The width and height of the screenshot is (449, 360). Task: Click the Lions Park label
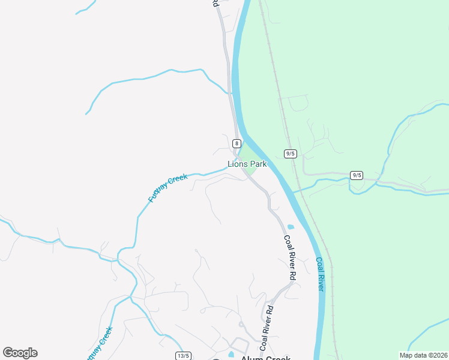[247, 164]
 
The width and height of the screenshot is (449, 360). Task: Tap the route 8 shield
[237, 143]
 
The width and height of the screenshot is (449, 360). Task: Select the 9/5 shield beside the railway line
[291, 154]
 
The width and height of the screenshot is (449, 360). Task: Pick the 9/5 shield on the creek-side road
[357, 175]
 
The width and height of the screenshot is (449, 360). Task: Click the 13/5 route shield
[183, 355]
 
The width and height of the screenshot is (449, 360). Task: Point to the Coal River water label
[320, 275]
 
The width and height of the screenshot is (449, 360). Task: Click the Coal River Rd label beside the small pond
[290, 258]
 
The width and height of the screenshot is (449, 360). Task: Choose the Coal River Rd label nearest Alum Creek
[266, 328]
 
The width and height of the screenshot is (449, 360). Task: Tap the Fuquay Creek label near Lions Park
[168, 187]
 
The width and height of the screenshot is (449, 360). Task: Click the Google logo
[20, 353]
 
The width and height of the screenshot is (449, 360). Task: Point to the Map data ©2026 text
[423, 355]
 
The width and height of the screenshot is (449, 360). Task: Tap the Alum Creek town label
[265, 358]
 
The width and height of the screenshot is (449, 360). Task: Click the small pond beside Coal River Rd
[291, 227]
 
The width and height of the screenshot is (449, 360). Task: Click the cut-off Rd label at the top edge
[215, 4]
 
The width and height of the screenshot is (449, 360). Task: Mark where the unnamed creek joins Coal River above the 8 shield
[232, 93]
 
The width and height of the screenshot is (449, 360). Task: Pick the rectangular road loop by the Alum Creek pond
[241, 345]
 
